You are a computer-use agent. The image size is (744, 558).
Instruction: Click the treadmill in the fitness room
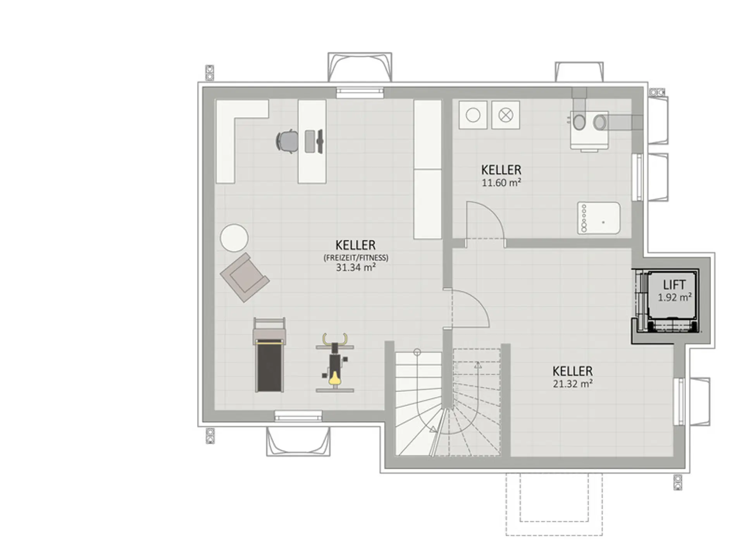click(x=269, y=355)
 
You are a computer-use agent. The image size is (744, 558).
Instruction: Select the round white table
click(x=234, y=238)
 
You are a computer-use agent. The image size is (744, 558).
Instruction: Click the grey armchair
click(x=245, y=277)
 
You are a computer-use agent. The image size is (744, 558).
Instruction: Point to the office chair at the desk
click(x=287, y=141)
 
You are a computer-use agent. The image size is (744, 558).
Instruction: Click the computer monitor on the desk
click(x=320, y=141)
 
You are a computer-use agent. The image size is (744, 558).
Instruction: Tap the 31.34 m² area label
click(x=356, y=267)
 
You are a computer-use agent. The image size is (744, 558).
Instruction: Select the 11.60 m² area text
click(x=501, y=183)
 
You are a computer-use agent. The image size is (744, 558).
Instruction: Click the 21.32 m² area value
click(x=573, y=384)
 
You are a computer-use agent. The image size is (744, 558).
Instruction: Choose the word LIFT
click(x=674, y=285)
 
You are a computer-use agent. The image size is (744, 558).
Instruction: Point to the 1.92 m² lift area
click(x=675, y=297)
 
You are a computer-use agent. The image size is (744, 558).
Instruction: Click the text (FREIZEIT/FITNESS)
click(x=356, y=257)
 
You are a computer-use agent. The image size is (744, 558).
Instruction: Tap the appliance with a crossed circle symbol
click(x=506, y=115)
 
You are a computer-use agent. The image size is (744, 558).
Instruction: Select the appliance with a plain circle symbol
click(x=473, y=115)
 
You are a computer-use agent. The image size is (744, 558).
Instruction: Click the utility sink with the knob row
click(x=598, y=218)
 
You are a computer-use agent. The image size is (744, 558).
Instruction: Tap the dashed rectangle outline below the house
click(x=554, y=504)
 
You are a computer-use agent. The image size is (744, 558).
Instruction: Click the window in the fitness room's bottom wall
click(x=298, y=416)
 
